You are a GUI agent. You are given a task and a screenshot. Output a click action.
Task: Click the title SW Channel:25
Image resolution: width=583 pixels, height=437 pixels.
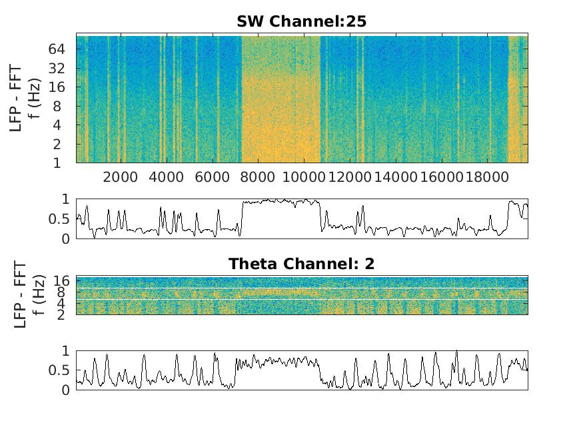(301, 21)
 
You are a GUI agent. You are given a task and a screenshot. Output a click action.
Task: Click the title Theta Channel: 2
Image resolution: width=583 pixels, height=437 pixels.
(301, 264)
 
